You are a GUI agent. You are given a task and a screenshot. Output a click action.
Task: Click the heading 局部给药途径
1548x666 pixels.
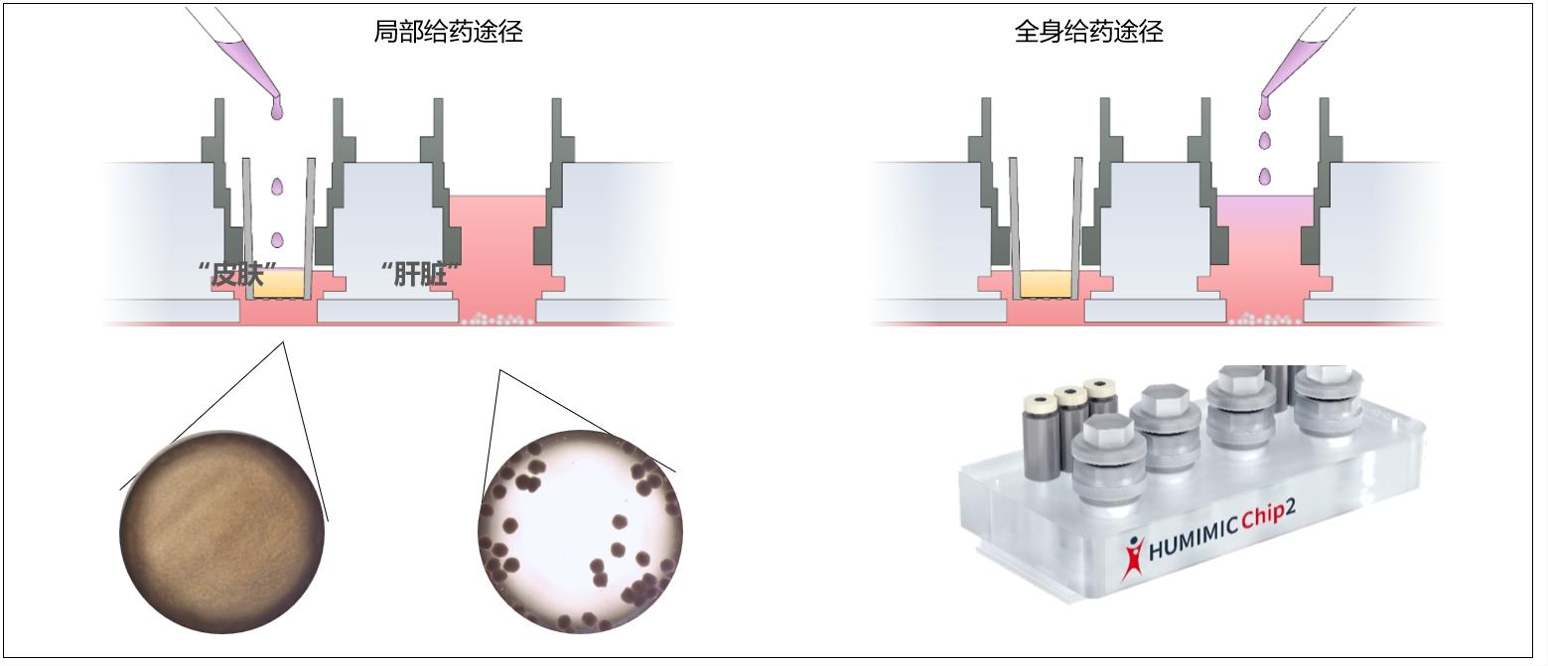pos(448,32)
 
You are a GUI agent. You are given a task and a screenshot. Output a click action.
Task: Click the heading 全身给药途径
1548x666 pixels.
pos(1088,32)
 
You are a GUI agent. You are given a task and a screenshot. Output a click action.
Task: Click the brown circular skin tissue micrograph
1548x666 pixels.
pos(222,531)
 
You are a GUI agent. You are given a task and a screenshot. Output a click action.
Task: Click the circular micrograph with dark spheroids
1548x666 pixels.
pos(580,531)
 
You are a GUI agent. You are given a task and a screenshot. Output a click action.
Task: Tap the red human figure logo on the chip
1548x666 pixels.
pos(1132,557)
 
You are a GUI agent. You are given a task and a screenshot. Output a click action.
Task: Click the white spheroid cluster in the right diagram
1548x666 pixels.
pos(1267,320)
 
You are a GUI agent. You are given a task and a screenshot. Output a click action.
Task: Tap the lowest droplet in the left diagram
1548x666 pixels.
pos(277,239)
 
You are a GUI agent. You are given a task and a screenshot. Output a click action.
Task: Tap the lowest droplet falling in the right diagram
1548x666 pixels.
pos(1265,176)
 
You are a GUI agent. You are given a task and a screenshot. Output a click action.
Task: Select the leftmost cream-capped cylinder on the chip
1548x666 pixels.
pos(1038,438)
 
